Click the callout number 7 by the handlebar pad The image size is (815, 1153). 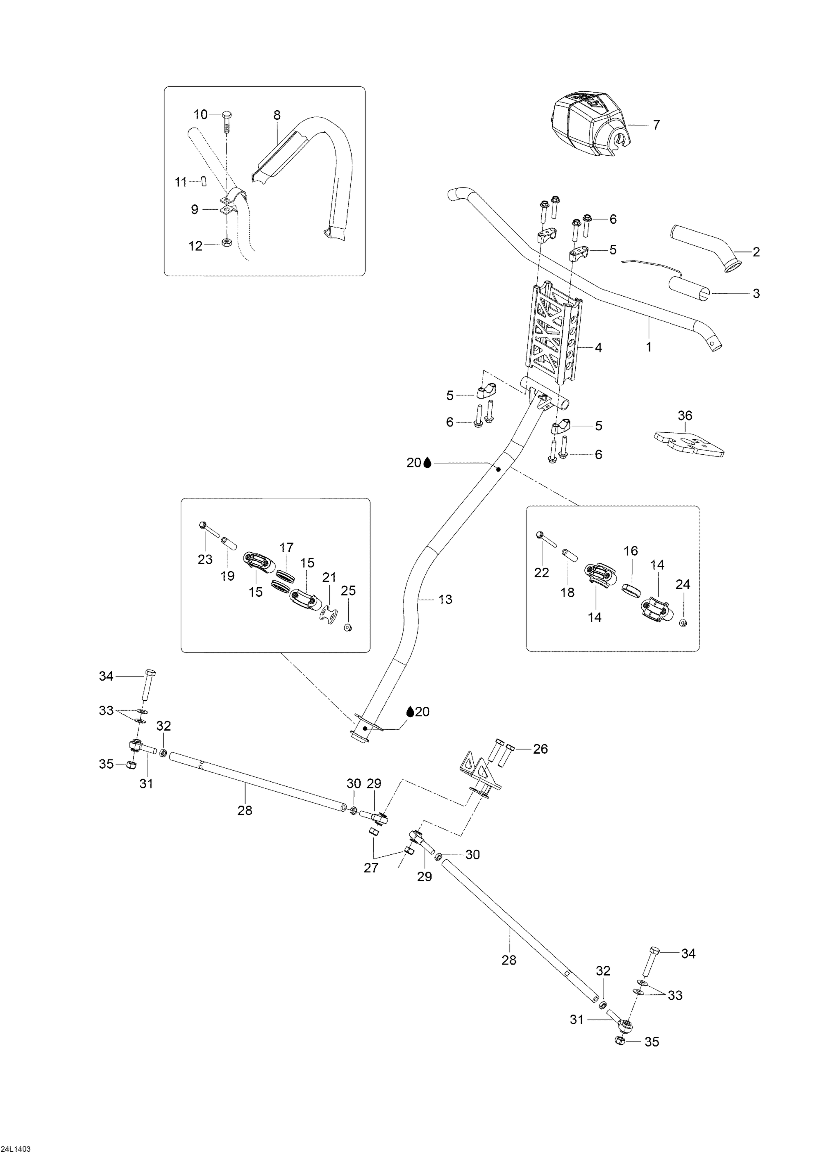coord(656,125)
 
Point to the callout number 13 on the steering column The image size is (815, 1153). coord(445,599)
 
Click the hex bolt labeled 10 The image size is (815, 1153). coord(226,116)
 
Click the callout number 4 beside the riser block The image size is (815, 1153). coord(598,347)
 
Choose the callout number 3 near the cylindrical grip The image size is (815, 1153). coord(756,293)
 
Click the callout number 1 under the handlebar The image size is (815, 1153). coord(649,347)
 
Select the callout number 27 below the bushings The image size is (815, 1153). coord(371,868)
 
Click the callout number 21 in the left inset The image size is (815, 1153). coord(329,578)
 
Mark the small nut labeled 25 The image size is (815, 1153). coord(347,627)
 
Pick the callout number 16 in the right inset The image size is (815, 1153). coord(631,551)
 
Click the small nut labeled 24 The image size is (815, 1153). coord(682,623)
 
